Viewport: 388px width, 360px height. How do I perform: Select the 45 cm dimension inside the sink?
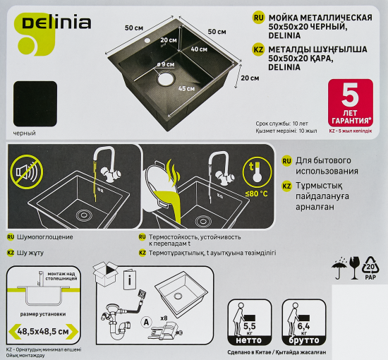(x=186, y=89)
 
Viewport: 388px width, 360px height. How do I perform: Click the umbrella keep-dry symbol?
(x=337, y=266)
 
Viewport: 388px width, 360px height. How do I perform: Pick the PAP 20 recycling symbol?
(x=370, y=268)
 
